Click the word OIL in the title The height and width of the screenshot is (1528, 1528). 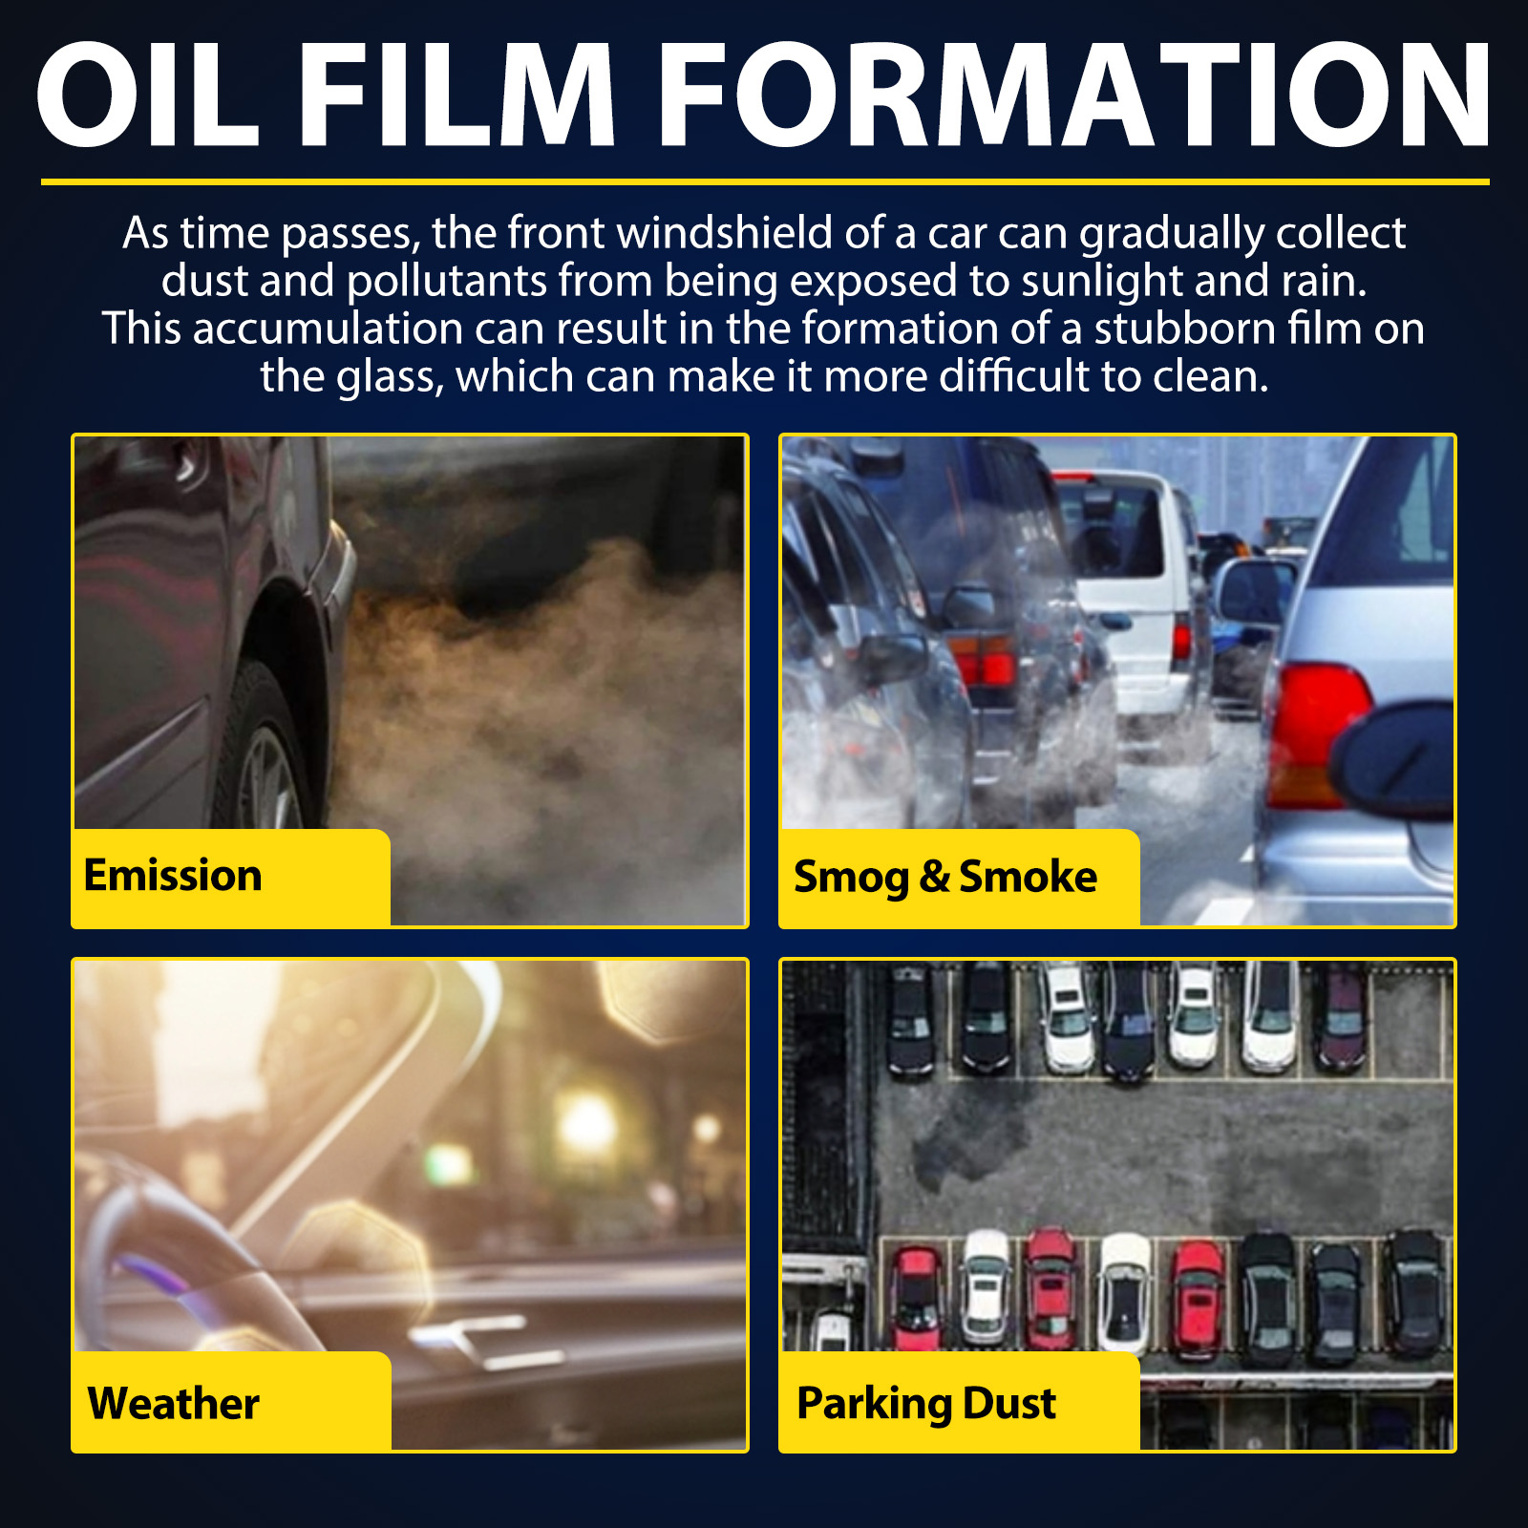pos(147,95)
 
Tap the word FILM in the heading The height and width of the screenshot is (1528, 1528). pos(460,95)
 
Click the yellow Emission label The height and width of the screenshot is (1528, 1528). pos(231,877)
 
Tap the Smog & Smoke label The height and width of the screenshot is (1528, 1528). pos(960,877)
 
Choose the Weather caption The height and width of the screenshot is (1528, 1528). pos(231,1401)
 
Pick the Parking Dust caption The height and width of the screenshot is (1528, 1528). pos(960,1401)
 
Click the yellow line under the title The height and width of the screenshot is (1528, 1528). pos(765,181)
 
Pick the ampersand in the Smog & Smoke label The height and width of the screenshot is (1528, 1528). pos(934,877)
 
